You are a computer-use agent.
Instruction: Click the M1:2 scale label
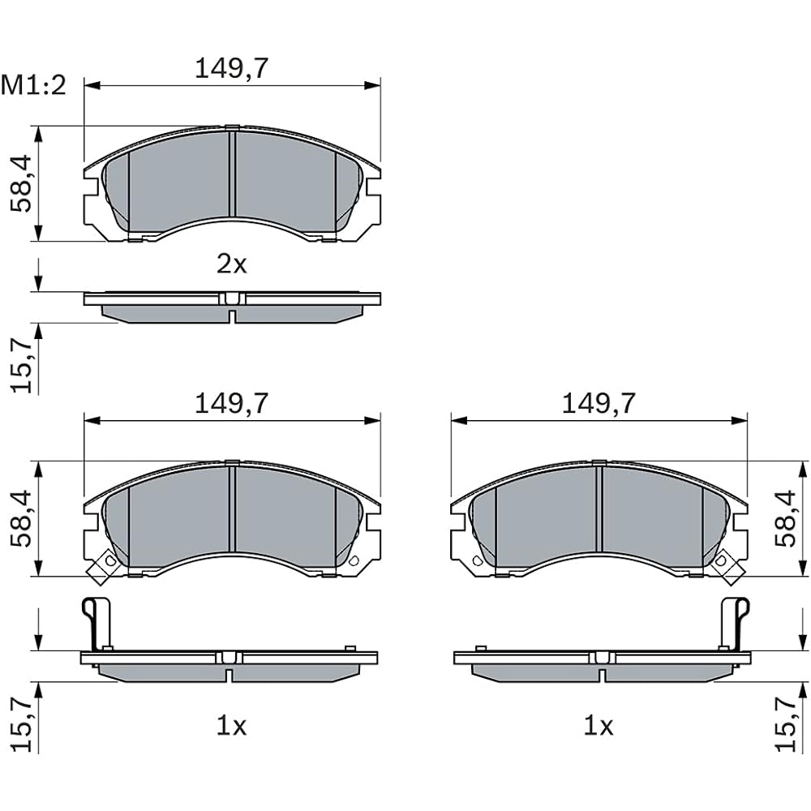pyautogui.click(x=33, y=85)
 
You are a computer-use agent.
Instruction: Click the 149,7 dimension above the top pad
pyautogui.click(x=232, y=68)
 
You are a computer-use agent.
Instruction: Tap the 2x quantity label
pyautogui.click(x=232, y=264)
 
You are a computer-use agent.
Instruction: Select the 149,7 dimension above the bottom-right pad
pyautogui.click(x=599, y=403)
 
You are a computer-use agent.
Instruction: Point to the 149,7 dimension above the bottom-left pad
pyautogui.click(x=232, y=403)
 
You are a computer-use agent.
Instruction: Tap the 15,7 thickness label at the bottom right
pyautogui.click(x=786, y=723)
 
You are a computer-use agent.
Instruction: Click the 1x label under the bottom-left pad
pyautogui.click(x=231, y=726)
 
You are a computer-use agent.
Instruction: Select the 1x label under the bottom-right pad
pyautogui.click(x=599, y=726)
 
